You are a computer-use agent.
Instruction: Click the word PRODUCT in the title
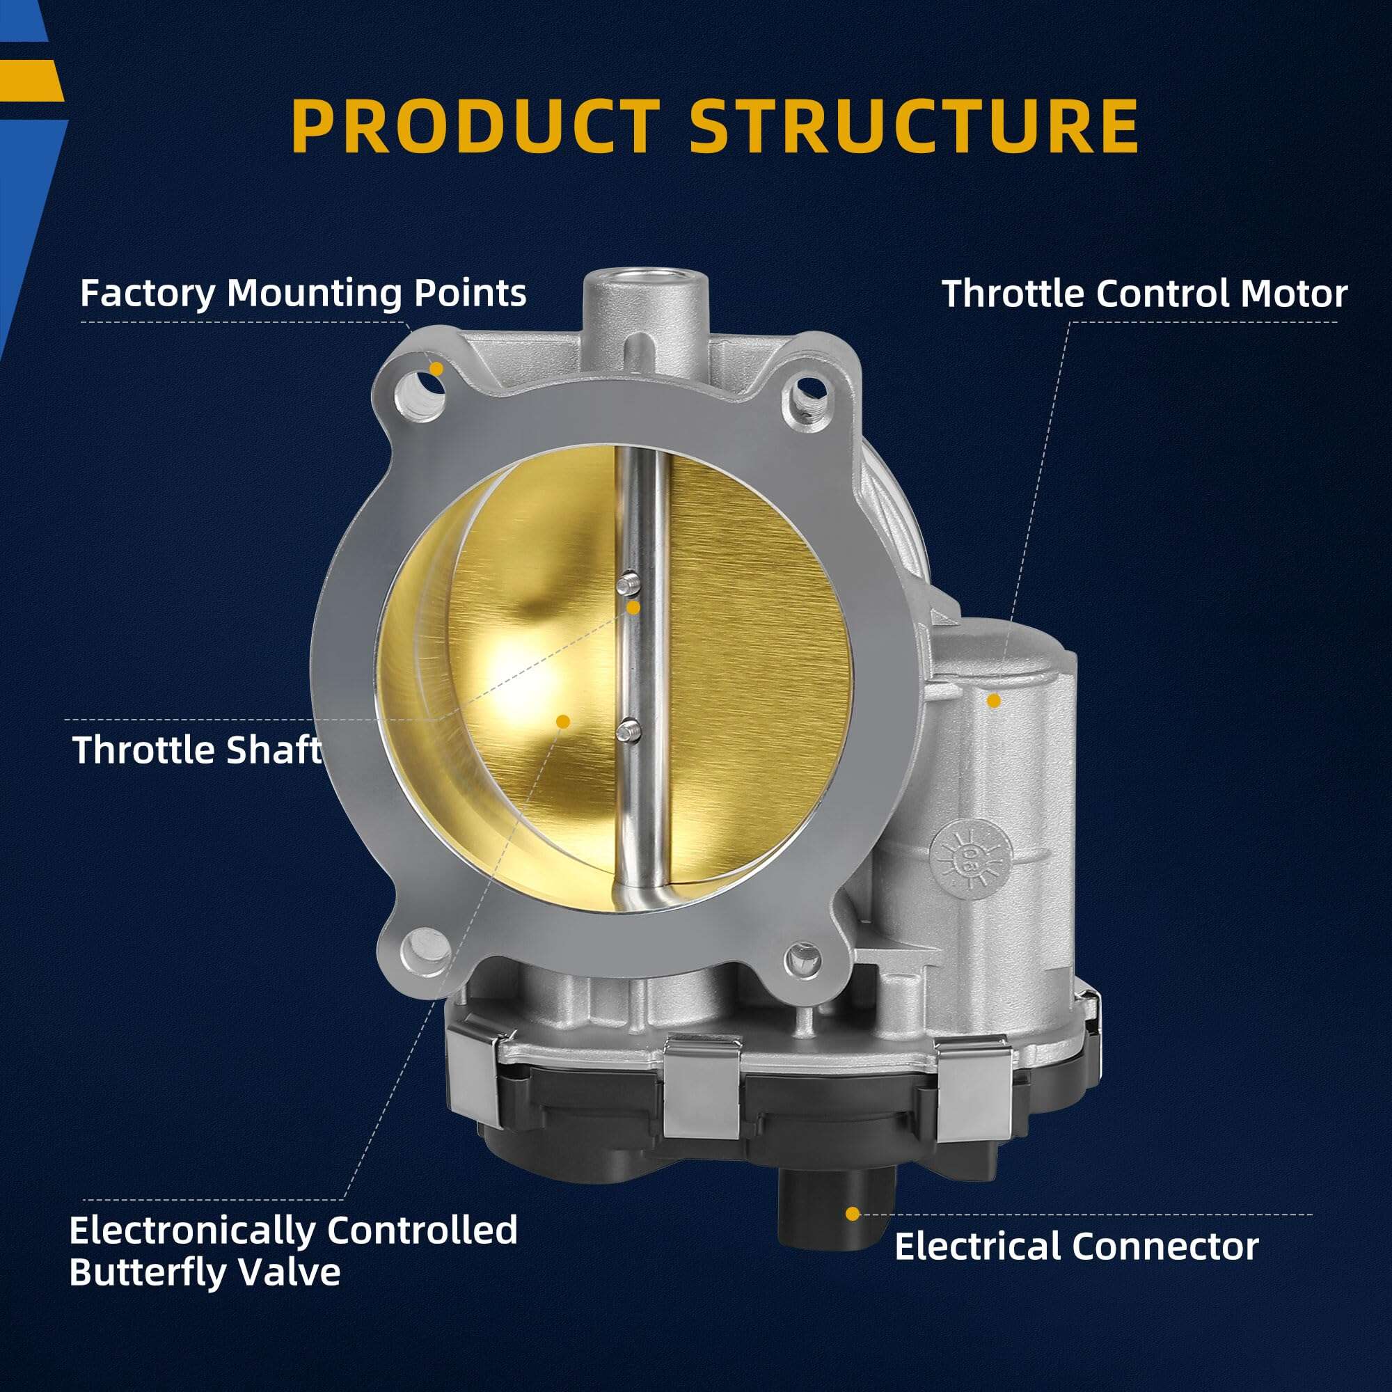[x=475, y=127]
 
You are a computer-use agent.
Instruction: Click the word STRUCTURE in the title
[x=914, y=127]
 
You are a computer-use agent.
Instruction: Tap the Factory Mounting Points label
[x=303, y=293]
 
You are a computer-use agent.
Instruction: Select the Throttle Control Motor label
[x=1144, y=294]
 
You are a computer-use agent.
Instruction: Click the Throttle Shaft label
[x=196, y=750]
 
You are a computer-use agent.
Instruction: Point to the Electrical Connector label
[x=1077, y=1247]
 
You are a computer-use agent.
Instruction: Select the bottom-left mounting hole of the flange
[x=426, y=949]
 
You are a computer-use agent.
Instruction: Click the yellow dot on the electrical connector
[x=853, y=1214]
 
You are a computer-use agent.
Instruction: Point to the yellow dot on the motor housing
[x=994, y=699]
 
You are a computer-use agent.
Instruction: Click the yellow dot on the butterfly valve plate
[x=564, y=721]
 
